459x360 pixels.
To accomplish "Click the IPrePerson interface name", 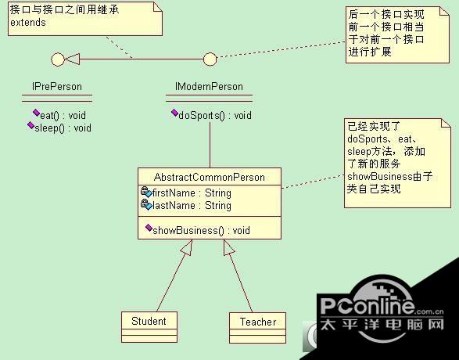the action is [57, 86].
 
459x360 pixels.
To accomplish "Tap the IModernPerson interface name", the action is [209, 86].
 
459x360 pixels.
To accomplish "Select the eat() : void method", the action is [63, 115].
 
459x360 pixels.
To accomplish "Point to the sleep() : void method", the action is [63, 128].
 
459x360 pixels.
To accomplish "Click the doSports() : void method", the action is [215, 115].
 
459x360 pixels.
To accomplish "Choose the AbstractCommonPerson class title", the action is [210, 177].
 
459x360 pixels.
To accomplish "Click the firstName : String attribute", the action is [192, 193].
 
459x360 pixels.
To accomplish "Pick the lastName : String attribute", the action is [192, 205].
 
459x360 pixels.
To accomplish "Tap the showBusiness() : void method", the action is [202, 231].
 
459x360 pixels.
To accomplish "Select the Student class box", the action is [149, 327].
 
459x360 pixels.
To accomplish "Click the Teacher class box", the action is [257, 328].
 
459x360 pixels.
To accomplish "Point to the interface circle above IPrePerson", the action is [58, 59].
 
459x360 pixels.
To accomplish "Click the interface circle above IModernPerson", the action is [210, 59].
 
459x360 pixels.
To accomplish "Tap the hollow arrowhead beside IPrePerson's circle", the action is [72, 59].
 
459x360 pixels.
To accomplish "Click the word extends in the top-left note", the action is [28, 23].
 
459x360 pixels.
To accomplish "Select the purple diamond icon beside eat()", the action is [36, 113].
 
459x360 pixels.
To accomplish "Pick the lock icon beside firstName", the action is [145, 191].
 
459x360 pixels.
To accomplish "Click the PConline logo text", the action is [368, 306].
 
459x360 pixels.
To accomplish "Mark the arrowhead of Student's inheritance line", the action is [188, 247].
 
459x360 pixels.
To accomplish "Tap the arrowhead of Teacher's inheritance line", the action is [228, 247].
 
